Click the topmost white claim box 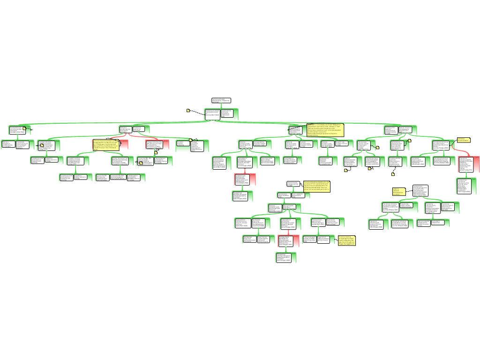click(x=221, y=100)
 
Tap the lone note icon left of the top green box click(x=188, y=111)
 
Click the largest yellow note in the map click(x=325, y=130)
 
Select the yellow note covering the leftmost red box click(x=105, y=144)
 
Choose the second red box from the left click(x=157, y=144)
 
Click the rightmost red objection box click(x=469, y=164)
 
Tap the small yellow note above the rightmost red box click(x=463, y=140)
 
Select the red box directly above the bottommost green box click(x=285, y=240)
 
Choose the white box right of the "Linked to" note click(x=420, y=191)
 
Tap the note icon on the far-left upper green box click(x=24, y=128)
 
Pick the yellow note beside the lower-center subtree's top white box click(x=316, y=187)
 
